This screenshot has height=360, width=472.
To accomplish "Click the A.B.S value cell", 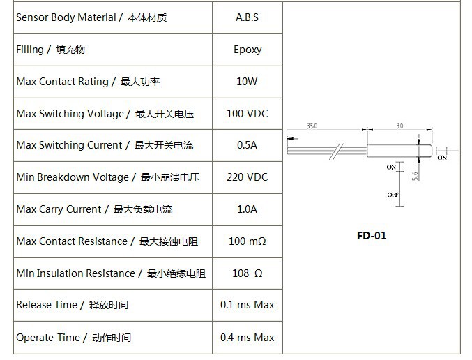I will coord(247,17).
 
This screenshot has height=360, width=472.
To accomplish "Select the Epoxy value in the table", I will coord(248,50).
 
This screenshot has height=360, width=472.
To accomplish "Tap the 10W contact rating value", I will coord(247,82).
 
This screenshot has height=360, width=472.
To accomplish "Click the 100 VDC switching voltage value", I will coord(247,114).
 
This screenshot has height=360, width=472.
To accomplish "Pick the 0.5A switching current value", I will coord(247,145).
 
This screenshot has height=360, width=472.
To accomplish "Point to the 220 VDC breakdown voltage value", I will coord(247,177).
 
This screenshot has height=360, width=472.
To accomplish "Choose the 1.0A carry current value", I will coord(247,209).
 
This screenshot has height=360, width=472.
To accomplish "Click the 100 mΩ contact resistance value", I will coord(247,241).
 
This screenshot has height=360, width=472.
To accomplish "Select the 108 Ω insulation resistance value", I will coord(247,273).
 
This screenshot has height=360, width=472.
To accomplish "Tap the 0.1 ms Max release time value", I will coord(247,305).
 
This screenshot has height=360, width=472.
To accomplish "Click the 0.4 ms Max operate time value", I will coord(247,338).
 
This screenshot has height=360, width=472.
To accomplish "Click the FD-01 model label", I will coord(371,235).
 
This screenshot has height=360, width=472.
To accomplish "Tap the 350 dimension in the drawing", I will coord(312,126).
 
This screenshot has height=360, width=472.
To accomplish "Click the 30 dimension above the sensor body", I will coord(399,126).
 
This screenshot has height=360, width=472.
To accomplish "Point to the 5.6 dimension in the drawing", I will coord(415,175).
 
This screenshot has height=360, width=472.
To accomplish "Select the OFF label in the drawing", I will coord(393,195).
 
